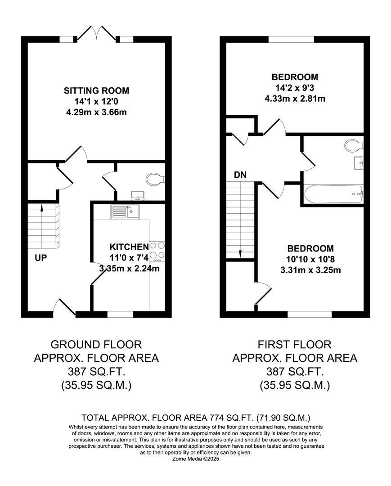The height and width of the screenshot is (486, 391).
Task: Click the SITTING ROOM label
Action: pyautogui.click(x=96, y=90)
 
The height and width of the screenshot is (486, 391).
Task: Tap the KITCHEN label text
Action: pyautogui.click(x=129, y=247)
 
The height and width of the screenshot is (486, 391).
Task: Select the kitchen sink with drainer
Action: pyautogui.click(x=125, y=211)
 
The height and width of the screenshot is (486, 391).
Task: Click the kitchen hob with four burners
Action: pyautogui.click(x=157, y=251)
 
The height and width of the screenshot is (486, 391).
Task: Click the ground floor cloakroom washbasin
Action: pyautogui.click(x=136, y=195)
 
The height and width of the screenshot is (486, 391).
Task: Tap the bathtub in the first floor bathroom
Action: pyautogui.click(x=333, y=194)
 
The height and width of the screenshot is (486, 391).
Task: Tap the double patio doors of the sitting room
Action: pyautogui.click(x=96, y=33)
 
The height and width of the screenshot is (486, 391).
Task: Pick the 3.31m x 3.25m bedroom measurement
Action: pyautogui.click(x=310, y=270)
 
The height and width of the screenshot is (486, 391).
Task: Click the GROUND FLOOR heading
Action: pyautogui.click(x=96, y=345)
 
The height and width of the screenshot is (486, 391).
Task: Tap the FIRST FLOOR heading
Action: pyautogui.click(x=294, y=345)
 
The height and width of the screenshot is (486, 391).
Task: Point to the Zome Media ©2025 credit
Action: pyautogui.click(x=196, y=459)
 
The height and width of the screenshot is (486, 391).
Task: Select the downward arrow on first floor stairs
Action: pyautogui.click(x=240, y=253)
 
